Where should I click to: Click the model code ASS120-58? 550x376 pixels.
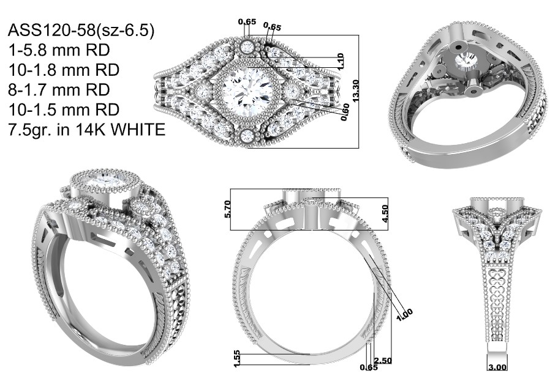click(51, 31)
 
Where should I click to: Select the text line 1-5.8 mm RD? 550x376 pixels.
click(59, 50)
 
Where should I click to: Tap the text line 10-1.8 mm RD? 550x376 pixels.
click(64, 70)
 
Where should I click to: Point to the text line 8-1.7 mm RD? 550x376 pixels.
click(59, 90)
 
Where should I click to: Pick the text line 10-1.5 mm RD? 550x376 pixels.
click(64, 109)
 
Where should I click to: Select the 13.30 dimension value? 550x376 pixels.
click(356, 91)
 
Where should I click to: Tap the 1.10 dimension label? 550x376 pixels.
click(340, 61)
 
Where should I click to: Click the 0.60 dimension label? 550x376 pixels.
click(345, 112)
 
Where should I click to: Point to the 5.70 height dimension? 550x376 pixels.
click(227, 209)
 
